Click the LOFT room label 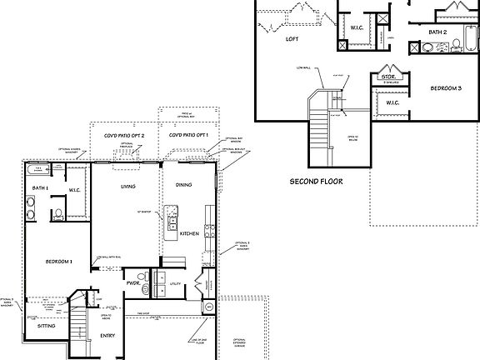click(292, 38)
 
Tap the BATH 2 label click(438, 32)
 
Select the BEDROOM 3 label click(446, 87)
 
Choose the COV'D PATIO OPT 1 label click(187, 135)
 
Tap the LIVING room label click(127, 186)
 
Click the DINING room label click(183, 185)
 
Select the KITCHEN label click(190, 234)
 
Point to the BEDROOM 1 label click(58, 262)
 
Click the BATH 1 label click(41, 189)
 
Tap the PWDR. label click(132, 283)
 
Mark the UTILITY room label click(175, 284)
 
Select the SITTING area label click(47, 328)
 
